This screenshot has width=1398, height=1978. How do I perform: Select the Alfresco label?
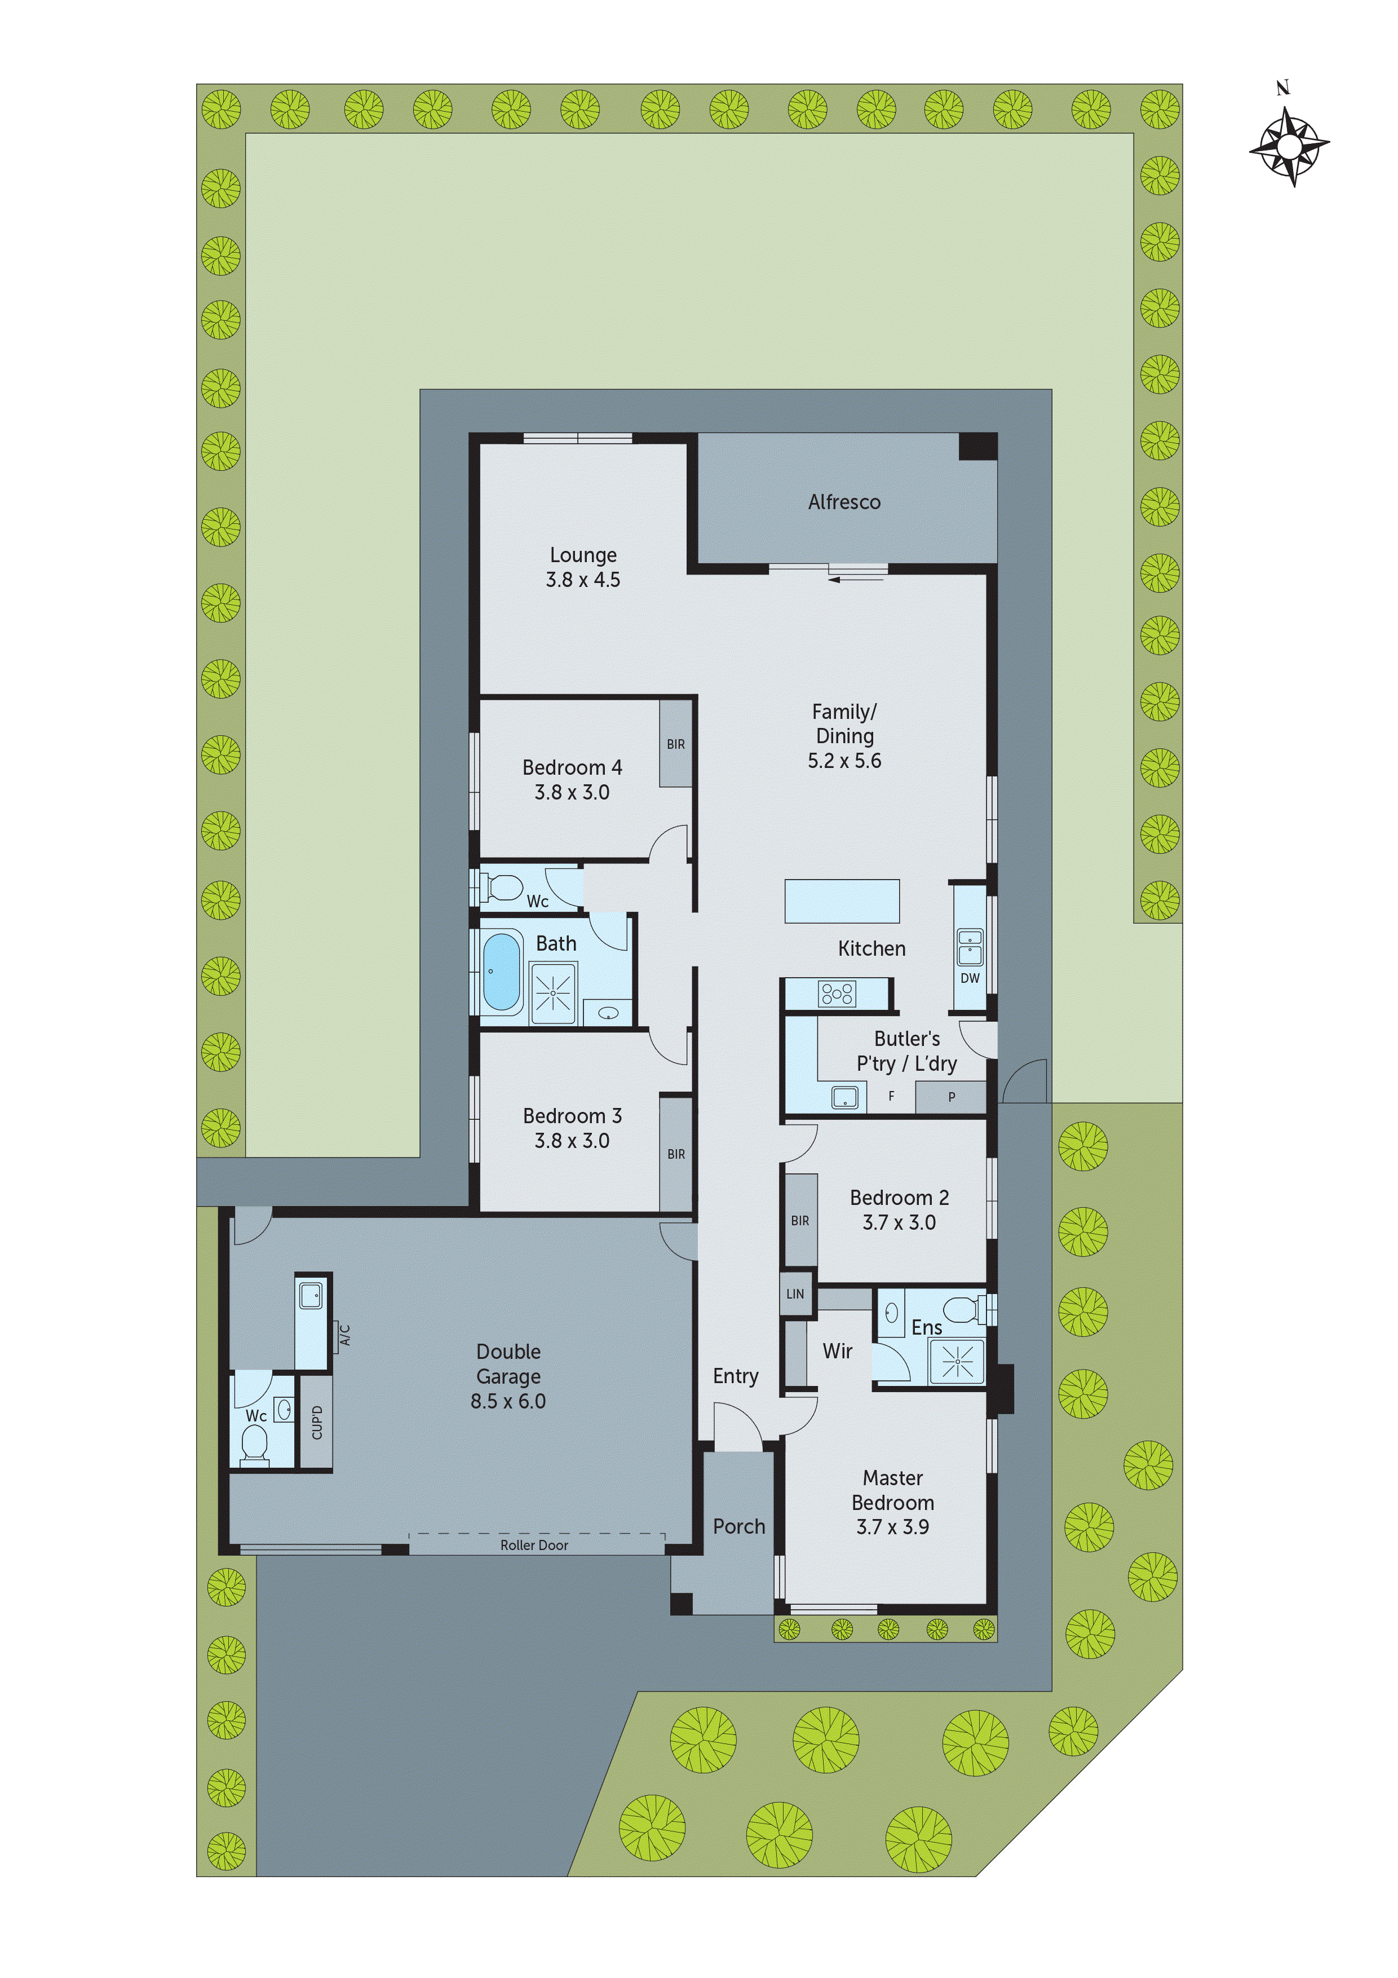coord(844,502)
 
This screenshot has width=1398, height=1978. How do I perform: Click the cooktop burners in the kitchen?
coord(837,994)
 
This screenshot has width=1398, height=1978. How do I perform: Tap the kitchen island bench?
coord(842,901)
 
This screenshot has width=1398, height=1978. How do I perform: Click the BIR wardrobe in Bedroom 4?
coord(676,744)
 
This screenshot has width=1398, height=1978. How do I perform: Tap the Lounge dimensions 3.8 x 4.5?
coord(583,580)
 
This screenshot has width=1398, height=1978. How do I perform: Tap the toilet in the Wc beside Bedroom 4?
coord(504,886)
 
